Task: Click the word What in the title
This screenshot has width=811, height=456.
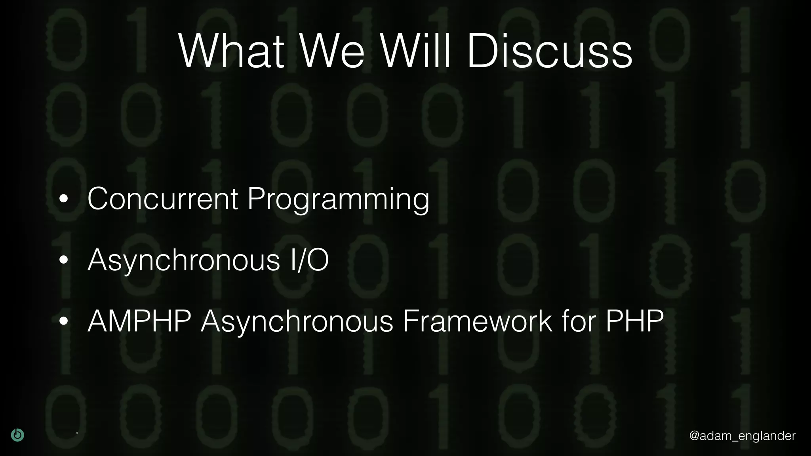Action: pos(231,52)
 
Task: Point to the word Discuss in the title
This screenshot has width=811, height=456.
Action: pos(549,52)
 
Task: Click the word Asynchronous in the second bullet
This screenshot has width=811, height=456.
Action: pos(184,261)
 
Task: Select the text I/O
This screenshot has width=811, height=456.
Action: pos(309,260)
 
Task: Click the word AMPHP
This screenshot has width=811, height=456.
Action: pos(139,321)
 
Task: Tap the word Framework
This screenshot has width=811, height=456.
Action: pos(477,321)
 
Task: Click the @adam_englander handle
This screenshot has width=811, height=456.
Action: pos(742,435)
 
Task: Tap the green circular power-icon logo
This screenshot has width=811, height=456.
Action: pos(17,435)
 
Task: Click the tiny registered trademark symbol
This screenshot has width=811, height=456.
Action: pos(77,433)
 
